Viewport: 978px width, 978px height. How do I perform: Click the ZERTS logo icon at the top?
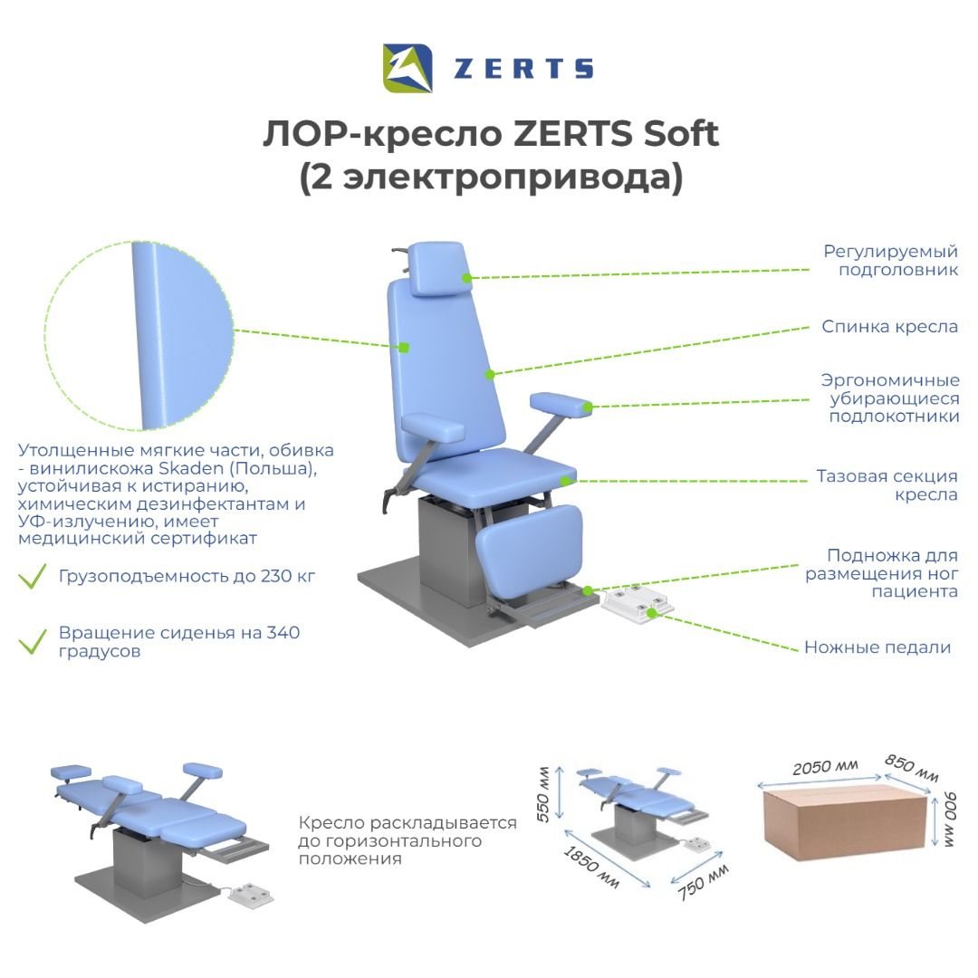[407, 68]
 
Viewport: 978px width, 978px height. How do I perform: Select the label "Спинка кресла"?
[889, 326]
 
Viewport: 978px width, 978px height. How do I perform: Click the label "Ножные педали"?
[877, 647]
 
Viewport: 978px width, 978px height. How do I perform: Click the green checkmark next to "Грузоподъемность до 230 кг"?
[33, 576]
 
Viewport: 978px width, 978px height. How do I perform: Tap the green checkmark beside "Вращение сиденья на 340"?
[33, 641]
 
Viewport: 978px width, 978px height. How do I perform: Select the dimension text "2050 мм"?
[825, 767]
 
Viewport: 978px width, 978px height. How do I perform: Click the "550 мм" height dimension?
[543, 794]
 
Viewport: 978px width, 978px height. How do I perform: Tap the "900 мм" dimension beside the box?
[949, 820]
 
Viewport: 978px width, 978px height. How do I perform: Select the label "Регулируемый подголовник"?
[891, 260]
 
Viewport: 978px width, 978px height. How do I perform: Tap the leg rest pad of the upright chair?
[528, 551]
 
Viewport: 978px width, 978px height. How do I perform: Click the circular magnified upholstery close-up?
[139, 336]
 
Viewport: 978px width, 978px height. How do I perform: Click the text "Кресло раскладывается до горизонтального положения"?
[407, 840]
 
